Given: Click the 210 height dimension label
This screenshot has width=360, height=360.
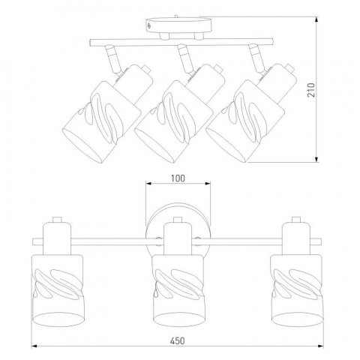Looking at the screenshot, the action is pyautogui.click(x=311, y=90).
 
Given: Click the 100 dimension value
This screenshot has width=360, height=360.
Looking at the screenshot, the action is pyautogui.click(x=178, y=178).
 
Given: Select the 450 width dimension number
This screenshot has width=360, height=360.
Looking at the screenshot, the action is pyautogui.click(x=178, y=340).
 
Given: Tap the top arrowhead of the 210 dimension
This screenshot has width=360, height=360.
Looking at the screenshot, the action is pyautogui.click(x=316, y=19).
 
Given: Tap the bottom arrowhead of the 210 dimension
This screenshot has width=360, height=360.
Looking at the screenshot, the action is pyautogui.click(x=316, y=159).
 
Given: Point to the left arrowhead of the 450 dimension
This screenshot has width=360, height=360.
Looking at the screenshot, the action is pyautogui.click(x=34, y=346).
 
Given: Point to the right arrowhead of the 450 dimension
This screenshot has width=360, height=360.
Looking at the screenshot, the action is pyautogui.click(x=320, y=346).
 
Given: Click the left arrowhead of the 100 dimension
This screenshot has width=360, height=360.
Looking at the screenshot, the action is pyautogui.click(x=149, y=184).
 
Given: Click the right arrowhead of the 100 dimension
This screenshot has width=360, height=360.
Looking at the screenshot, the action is pyautogui.click(x=208, y=184).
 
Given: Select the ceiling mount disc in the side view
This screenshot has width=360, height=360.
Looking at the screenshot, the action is pyautogui.click(x=178, y=25).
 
